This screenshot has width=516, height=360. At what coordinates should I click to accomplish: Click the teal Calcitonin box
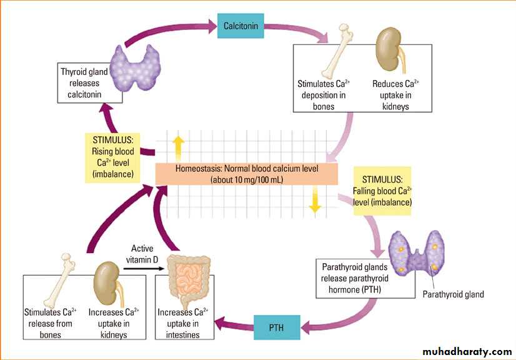pos(241,26)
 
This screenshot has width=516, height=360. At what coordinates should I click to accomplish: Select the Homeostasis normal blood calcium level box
pos(247,174)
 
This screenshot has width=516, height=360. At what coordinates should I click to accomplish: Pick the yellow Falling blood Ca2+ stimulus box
pos(382,190)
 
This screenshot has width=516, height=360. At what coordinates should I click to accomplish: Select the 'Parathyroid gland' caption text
pos(453,294)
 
